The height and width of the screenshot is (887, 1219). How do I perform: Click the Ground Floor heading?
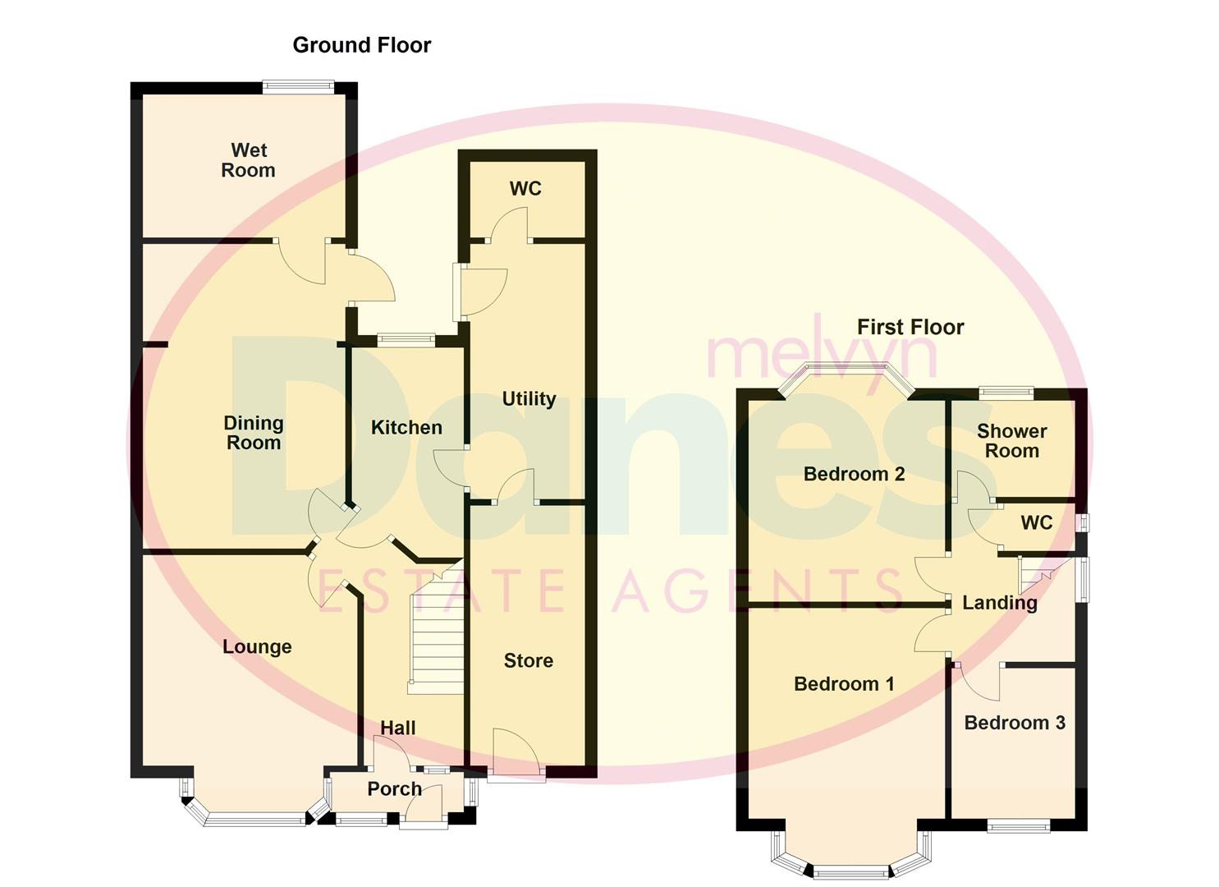click(x=361, y=45)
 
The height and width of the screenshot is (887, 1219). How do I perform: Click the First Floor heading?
click(x=910, y=327)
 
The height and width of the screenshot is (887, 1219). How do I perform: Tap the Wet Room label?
click(x=249, y=160)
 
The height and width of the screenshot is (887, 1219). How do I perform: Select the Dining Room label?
click(x=254, y=433)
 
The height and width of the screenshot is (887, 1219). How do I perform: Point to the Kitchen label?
click(x=406, y=427)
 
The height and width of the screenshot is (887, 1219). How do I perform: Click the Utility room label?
click(x=529, y=399)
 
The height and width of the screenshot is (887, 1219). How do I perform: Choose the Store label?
click(x=528, y=660)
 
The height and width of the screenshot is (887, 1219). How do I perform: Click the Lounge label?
click(x=257, y=646)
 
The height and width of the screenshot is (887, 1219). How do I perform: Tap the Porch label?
click(x=394, y=788)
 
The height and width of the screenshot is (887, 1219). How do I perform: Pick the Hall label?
click(x=397, y=728)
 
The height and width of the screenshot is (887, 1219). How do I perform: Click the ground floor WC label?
click(x=525, y=189)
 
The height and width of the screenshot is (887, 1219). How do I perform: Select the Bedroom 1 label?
click(x=844, y=684)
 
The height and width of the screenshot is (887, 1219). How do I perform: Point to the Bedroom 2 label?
click(x=854, y=474)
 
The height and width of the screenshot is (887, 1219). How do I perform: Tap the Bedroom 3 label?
click(x=1015, y=723)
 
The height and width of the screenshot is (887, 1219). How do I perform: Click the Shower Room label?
click(x=1011, y=441)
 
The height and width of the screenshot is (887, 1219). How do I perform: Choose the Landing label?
click(x=999, y=603)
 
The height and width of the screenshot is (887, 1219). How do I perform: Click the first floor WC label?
click(x=1036, y=523)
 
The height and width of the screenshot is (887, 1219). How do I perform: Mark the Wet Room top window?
click(x=298, y=86)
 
